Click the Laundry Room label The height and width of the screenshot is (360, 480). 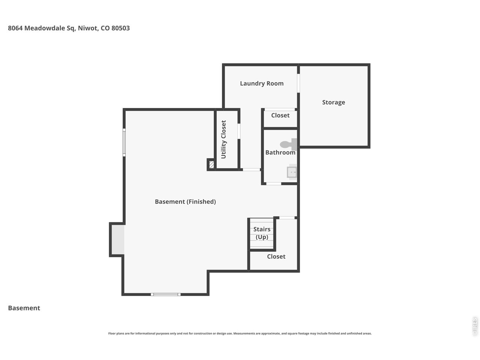261,84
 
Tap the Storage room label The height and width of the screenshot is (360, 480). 333,102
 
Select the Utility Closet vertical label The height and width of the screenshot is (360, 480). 224,139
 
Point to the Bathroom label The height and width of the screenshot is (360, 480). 280,153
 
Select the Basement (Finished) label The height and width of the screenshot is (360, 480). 185,202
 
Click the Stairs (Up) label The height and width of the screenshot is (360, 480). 262,233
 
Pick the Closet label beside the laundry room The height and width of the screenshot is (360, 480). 280,115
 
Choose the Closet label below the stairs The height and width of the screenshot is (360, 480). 276,256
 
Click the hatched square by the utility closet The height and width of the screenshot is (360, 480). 211,164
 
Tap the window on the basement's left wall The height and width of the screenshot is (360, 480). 124,142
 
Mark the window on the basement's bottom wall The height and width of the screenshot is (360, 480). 166,294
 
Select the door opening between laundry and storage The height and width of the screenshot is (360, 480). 298,83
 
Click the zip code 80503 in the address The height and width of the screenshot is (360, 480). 120,28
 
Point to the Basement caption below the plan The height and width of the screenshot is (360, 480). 24,308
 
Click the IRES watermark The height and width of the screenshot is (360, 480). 474,326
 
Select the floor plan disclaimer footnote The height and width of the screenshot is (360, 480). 240,333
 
